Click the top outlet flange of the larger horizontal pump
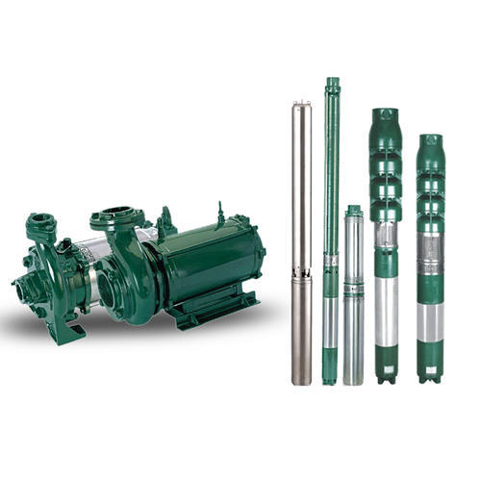point(116,215)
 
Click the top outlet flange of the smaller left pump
point(40,222)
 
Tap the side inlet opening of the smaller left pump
point(23,285)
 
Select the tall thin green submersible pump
point(332,231)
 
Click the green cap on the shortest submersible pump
point(354,211)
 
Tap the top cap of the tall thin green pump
point(333,85)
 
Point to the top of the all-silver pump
point(302,103)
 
